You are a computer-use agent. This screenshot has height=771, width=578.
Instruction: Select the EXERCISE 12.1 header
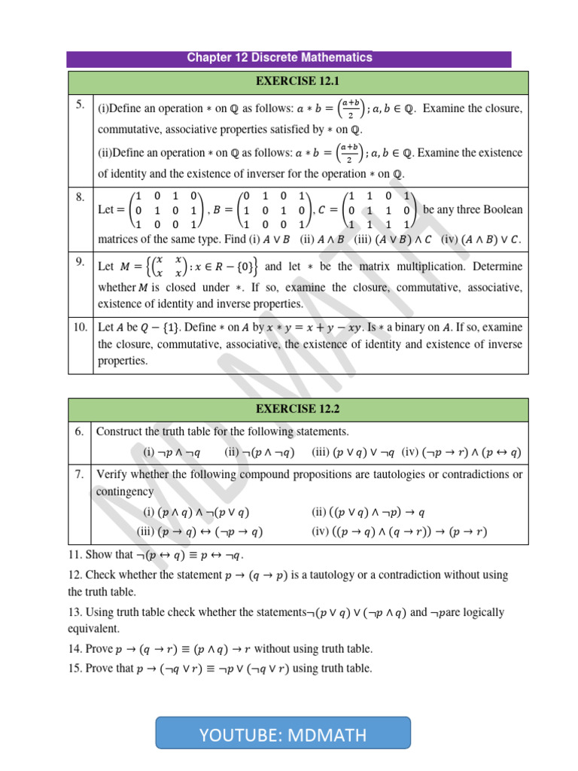pyautogui.click(x=298, y=81)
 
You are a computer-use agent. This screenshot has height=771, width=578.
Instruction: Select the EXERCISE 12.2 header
pyautogui.click(x=298, y=409)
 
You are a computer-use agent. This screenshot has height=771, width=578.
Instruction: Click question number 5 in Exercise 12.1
pyautogui.click(x=80, y=106)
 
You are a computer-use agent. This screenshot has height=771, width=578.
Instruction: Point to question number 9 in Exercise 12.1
pyautogui.click(x=80, y=261)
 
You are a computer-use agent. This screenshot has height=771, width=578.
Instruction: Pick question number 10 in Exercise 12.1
pyautogui.click(x=81, y=327)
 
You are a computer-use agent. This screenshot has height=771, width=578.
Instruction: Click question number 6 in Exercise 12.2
pyautogui.click(x=80, y=431)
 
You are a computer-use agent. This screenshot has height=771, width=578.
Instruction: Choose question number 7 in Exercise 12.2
pyautogui.click(x=80, y=474)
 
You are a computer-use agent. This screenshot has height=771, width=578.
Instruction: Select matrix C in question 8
pyautogui.click(x=376, y=210)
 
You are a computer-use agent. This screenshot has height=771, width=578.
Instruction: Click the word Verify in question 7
pyautogui.click(x=111, y=474)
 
